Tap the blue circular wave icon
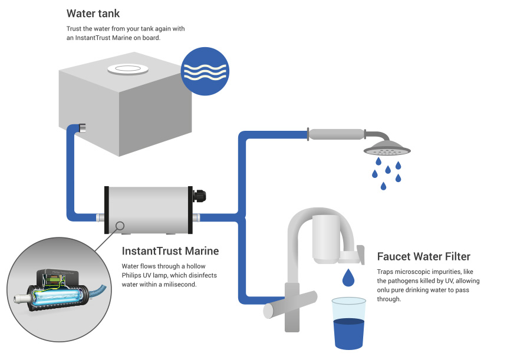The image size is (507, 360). (x=205, y=71)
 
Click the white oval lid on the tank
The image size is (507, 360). (x=128, y=69)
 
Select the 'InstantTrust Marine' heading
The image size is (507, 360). (x=170, y=251)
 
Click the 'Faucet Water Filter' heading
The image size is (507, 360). (x=423, y=256)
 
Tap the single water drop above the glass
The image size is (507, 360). (x=348, y=276)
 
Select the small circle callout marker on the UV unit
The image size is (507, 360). (x=120, y=225)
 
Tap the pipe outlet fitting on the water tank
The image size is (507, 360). (x=82, y=127)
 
